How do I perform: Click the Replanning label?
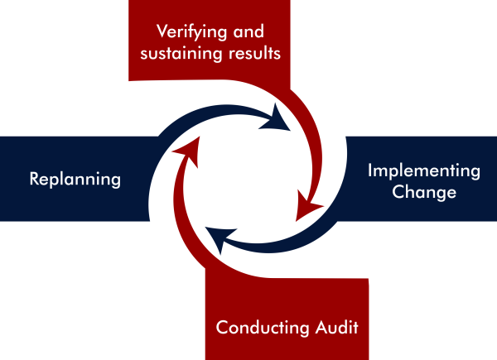(75, 179)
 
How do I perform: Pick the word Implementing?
(423, 171)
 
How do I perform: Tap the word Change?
(424, 193)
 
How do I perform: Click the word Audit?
(336, 327)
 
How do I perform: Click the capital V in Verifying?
(162, 33)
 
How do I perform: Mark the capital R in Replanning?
(34, 179)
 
